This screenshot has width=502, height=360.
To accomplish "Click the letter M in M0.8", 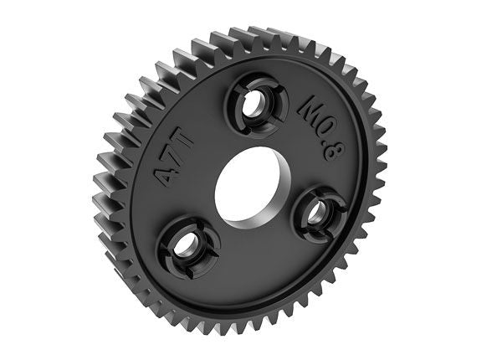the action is pyautogui.click(x=310, y=107).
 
